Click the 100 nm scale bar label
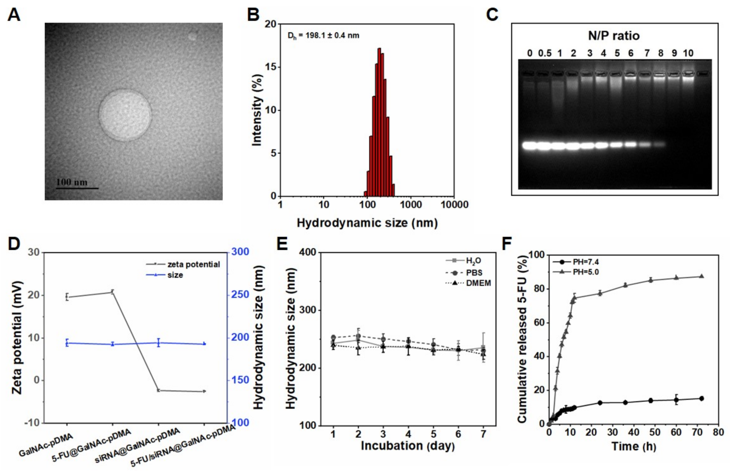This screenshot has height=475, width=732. [72, 182]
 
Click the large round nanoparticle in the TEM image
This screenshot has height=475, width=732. [125, 115]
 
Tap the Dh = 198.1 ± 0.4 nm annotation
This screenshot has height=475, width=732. [323, 36]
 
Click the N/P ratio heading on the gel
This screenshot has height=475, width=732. [614, 36]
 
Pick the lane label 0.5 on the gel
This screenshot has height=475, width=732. [545, 53]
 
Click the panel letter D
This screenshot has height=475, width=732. [14, 244]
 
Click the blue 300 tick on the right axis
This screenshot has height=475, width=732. [240, 252]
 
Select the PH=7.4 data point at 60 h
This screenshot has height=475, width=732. [676, 400]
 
